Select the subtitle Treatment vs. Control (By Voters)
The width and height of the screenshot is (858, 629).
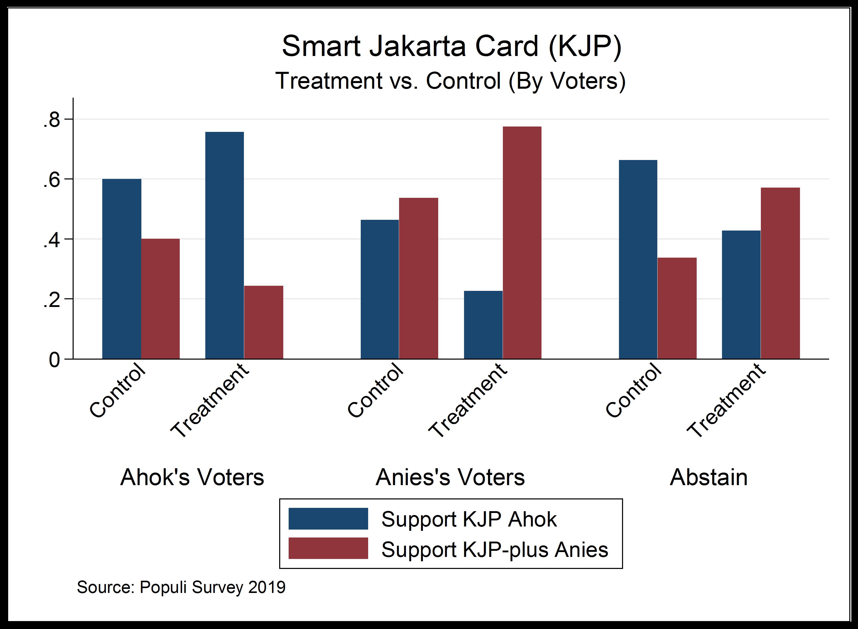451,81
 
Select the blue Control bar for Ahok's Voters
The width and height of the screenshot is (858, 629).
122,269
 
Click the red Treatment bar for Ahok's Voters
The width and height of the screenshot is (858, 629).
264,322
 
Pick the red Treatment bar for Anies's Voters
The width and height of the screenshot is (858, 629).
522,243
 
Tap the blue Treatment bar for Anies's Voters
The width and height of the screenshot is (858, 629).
483,325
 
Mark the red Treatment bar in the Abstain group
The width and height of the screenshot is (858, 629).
780,273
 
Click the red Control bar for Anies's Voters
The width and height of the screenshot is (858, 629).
419,278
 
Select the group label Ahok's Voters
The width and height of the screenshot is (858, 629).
192,477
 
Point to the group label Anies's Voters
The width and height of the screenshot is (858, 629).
450,477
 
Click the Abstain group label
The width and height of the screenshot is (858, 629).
709,477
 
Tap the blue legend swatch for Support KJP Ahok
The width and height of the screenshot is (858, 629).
328,519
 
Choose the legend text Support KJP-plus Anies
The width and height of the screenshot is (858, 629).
495,550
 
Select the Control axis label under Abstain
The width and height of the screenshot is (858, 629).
633,390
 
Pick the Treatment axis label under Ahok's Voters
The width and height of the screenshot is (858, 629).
209,400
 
